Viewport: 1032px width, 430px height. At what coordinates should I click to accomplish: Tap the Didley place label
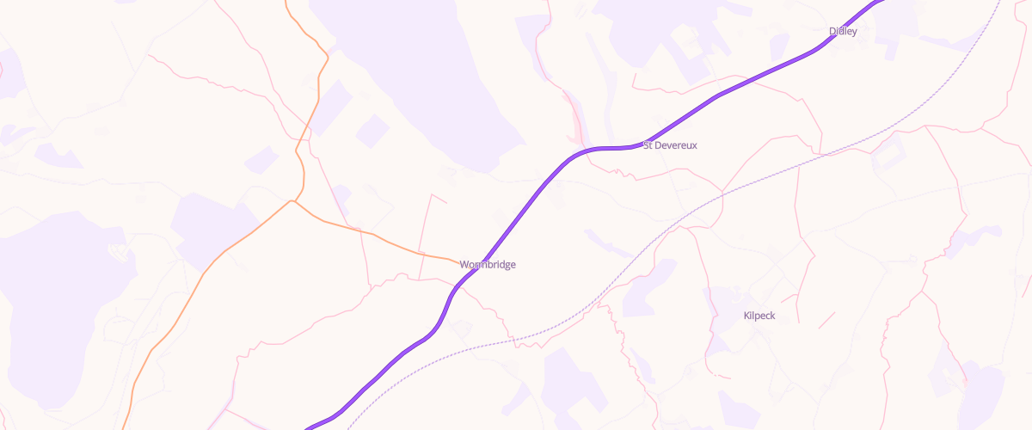[x=843, y=31]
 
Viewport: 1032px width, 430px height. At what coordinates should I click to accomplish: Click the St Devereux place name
[x=670, y=145]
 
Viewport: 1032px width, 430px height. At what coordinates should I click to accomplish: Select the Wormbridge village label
[x=488, y=264]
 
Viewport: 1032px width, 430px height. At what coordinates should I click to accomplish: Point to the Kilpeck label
[x=759, y=316]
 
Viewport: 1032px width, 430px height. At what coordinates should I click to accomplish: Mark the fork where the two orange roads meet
[x=293, y=201]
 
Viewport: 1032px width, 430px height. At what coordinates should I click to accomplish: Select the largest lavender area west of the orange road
[x=52, y=284]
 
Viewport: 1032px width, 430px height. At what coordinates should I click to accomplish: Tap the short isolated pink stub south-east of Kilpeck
[x=826, y=320]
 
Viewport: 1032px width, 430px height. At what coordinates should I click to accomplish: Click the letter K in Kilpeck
[x=746, y=316]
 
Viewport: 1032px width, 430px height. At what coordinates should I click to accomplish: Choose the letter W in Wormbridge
[x=464, y=264]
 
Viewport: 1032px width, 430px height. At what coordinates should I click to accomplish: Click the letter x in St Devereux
[x=694, y=145]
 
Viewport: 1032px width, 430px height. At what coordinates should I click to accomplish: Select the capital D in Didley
[x=832, y=31]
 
